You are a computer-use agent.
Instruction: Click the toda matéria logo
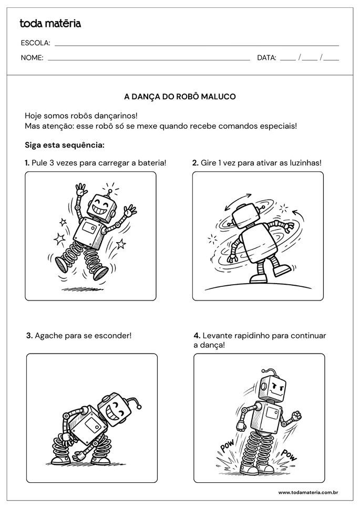click(50, 23)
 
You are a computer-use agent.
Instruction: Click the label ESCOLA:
click(35, 43)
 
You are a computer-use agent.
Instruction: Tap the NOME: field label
click(32, 58)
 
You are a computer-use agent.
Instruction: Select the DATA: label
click(266, 58)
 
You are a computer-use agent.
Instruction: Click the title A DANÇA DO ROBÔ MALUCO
click(180, 97)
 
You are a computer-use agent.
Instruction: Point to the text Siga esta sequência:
click(64, 144)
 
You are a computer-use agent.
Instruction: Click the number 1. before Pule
click(27, 163)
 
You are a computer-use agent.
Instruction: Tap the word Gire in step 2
click(209, 163)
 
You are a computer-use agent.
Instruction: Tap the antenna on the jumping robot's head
click(110, 188)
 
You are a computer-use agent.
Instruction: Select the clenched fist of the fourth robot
click(297, 414)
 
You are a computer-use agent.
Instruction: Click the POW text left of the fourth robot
click(227, 447)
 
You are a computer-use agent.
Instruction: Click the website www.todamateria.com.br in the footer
click(307, 492)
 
